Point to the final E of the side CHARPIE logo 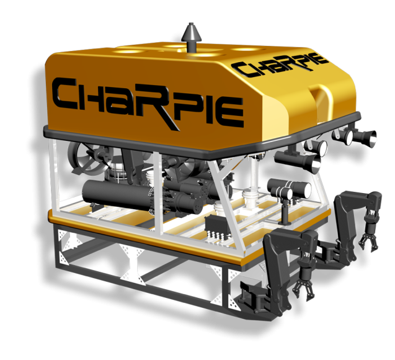tap(232, 112)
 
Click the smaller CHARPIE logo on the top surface tap(280, 65)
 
